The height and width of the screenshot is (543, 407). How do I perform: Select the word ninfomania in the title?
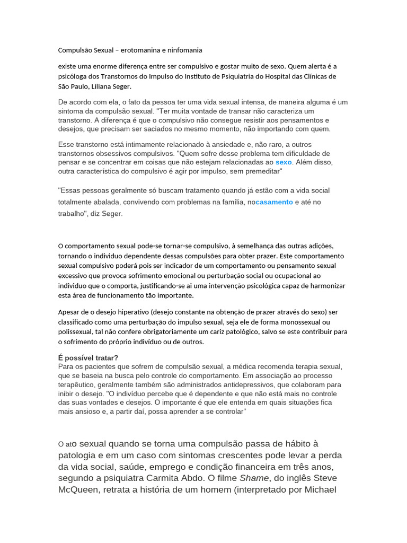(x=184, y=50)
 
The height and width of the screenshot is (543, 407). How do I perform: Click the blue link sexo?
(x=284, y=162)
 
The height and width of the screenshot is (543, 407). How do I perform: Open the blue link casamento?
(x=274, y=202)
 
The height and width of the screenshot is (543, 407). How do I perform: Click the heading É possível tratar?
(x=88, y=357)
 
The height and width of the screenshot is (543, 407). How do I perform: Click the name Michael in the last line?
(x=320, y=490)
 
